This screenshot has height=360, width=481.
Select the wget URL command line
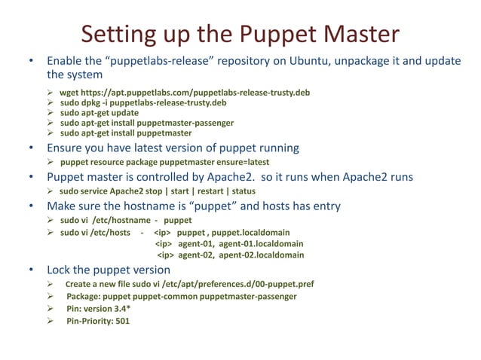[x=185, y=93]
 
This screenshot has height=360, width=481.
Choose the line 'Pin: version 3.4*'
[x=103, y=309]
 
